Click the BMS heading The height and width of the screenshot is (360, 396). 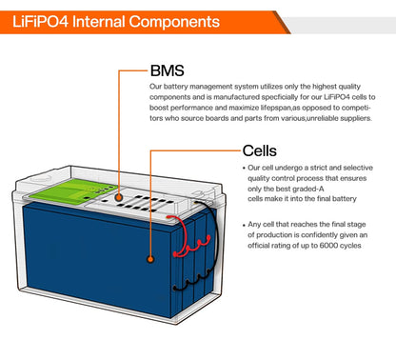tap(168, 70)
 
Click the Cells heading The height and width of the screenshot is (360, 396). tap(260, 150)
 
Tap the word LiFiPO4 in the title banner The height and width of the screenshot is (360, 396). tap(40, 22)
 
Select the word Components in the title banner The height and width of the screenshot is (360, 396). tap(174, 22)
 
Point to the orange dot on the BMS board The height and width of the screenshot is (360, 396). tap(119, 197)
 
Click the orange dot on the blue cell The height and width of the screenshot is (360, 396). tap(150, 259)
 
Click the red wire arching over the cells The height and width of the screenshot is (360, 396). tap(188, 236)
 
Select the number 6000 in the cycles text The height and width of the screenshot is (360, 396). tap(328, 246)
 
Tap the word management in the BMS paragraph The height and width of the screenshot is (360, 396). tap(209, 87)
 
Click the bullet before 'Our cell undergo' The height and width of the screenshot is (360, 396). tap(244, 169)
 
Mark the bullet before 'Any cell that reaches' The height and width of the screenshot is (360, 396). tap(244, 225)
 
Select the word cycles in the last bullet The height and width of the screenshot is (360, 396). tap(350, 246)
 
